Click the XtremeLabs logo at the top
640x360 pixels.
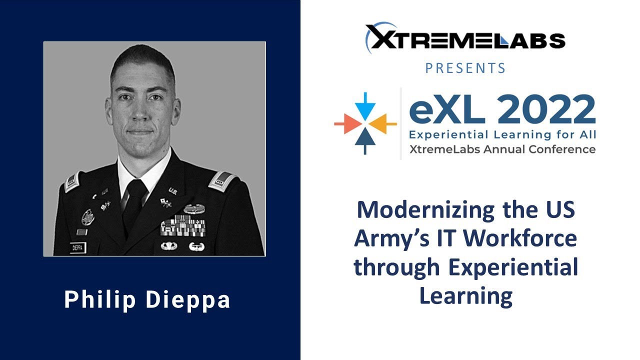[465, 38]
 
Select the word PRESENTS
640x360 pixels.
[465, 68]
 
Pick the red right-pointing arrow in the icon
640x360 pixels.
[347, 123]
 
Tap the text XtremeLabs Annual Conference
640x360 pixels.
[502, 149]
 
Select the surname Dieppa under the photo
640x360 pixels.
[188, 300]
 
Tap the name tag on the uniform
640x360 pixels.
[77, 247]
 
